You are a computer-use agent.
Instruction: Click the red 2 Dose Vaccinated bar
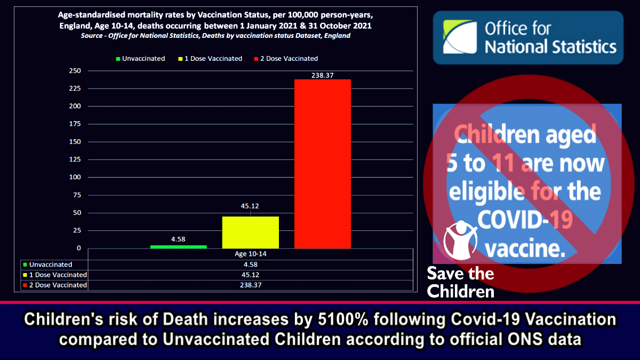click(x=322, y=163)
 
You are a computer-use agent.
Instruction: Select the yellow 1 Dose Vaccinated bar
click(x=250, y=232)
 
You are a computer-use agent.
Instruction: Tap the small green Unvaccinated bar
click(x=178, y=246)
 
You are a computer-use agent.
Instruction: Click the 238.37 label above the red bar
click(x=322, y=76)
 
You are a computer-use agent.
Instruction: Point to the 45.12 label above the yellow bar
click(x=250, y=206)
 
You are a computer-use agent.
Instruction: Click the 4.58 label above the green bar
click(x=178, y=239)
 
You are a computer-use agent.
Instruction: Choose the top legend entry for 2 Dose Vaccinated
click(x=287, y=59)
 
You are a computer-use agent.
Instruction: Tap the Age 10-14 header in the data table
click(x=250, y=254)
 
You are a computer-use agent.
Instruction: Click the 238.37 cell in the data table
click(x=250, y=285)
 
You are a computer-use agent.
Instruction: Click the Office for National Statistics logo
click(x=528, y=37)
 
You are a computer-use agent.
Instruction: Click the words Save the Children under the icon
click(x=460, y=283)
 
